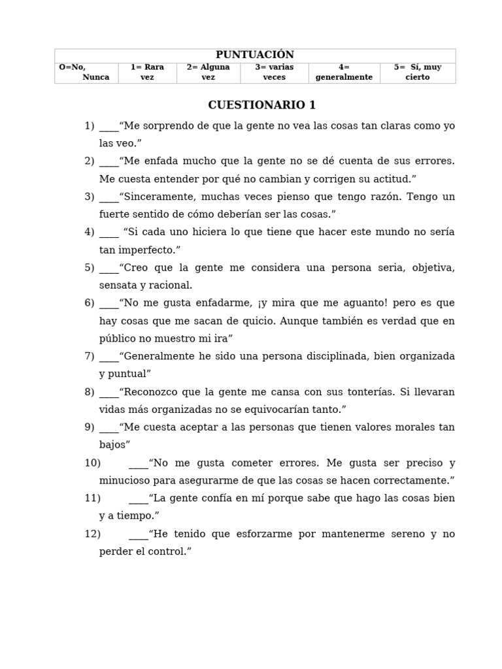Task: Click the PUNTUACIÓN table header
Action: (255, 55)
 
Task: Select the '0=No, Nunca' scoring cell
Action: (86, 72)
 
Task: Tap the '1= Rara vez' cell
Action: (147, 72)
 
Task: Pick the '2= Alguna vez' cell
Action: (208, 72)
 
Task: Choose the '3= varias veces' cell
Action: (274, 72)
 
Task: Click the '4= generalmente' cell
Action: (344, 72)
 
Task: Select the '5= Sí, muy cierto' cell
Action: (418, 72)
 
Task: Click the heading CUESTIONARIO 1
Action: (261, 105)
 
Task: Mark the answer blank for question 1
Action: (109, 126)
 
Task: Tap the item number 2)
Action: (90, 161)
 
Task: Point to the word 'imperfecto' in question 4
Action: (146, 250)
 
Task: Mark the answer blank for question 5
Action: (109, 268)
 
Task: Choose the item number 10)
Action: (92, 463)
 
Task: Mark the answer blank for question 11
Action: (139, 498)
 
